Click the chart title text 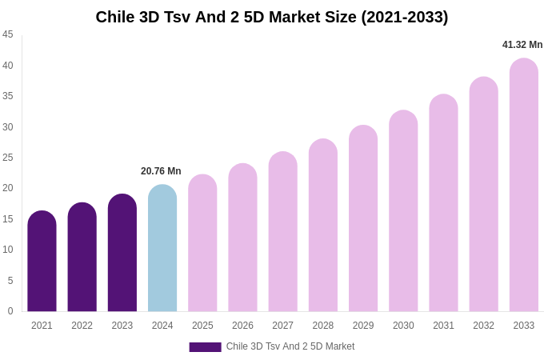coord(272,17)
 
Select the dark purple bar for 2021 coord(42,262)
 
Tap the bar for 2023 coord(122,253)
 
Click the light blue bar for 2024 coord(162,248)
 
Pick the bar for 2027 coord(282,232)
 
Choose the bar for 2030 coord(403,211)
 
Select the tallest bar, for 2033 coord(524,185)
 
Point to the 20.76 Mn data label coord(161,171)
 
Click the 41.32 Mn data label coord(522,45)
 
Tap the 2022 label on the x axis coord(82,326)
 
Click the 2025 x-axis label coord(202,326)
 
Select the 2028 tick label coord(323,326)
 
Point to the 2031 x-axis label coord(443,326)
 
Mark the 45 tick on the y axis coord(8,34)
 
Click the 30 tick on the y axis coord(8,126)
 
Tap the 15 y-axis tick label coord(8,219)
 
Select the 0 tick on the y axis coord(10,311)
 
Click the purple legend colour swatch coord(205,347)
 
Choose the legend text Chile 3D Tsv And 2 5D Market coord(290,346)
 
